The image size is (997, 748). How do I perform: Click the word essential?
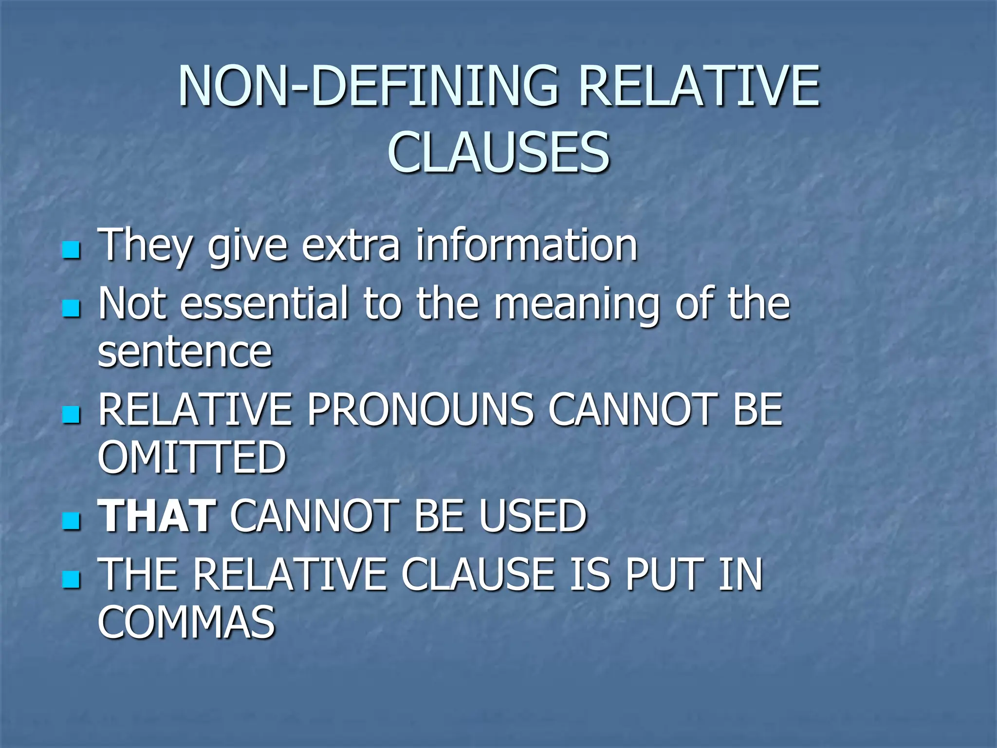[x=266, y=304]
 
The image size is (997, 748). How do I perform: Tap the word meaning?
[x=576, y=305]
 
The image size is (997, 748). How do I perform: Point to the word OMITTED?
[x=192, y=457]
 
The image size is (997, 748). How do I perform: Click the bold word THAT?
[x=157, y=516]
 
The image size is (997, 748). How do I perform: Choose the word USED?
[x=533, y=516]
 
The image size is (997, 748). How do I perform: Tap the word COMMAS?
[x=186, y=622]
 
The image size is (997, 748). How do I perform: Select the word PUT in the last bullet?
[x=665, y=575]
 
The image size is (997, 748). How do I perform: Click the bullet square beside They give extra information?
[x=71, y=251]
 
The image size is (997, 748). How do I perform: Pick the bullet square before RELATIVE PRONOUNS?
[x=71, y=416]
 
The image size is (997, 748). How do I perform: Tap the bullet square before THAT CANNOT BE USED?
[x=71, y=522]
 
